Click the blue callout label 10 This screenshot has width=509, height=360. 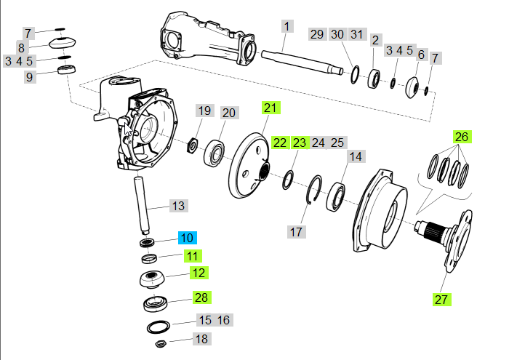click(187, 238)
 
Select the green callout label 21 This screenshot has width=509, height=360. click(270, 108)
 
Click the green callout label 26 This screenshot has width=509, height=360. click(462, 136)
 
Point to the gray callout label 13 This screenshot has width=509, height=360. click(179, 206)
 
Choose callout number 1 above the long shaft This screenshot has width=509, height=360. click(286, 27)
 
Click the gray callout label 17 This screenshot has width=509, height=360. click(295, 232)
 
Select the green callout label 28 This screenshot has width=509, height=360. click(201, 297)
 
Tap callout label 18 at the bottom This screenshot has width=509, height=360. click(201, 339)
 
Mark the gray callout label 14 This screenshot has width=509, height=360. click(356, 156)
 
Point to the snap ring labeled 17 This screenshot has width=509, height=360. click(314, 191)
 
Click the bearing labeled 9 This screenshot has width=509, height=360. click(68, 71)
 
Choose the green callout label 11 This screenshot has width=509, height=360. click(192, 255)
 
